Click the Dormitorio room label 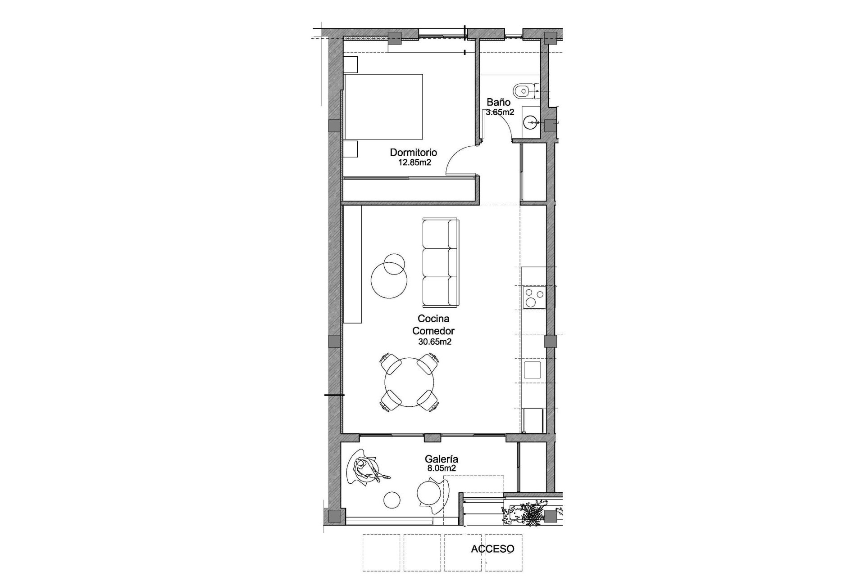(x=413, y=153)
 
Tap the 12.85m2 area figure (x=414, y=162)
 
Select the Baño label (x=498, y=103)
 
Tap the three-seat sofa (x=440, y=261)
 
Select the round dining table (x=410, y=382)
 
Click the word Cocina (x=433, y=319)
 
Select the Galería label (x=442, y=459)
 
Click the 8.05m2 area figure (x=442, y=468)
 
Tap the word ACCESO (x=492, y=549)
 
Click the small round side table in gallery (x=392, y=499)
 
